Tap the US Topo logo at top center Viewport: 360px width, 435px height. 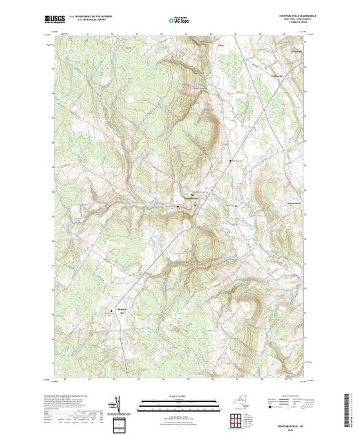[180, 21]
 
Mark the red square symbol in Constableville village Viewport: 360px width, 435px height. [195, 204]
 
